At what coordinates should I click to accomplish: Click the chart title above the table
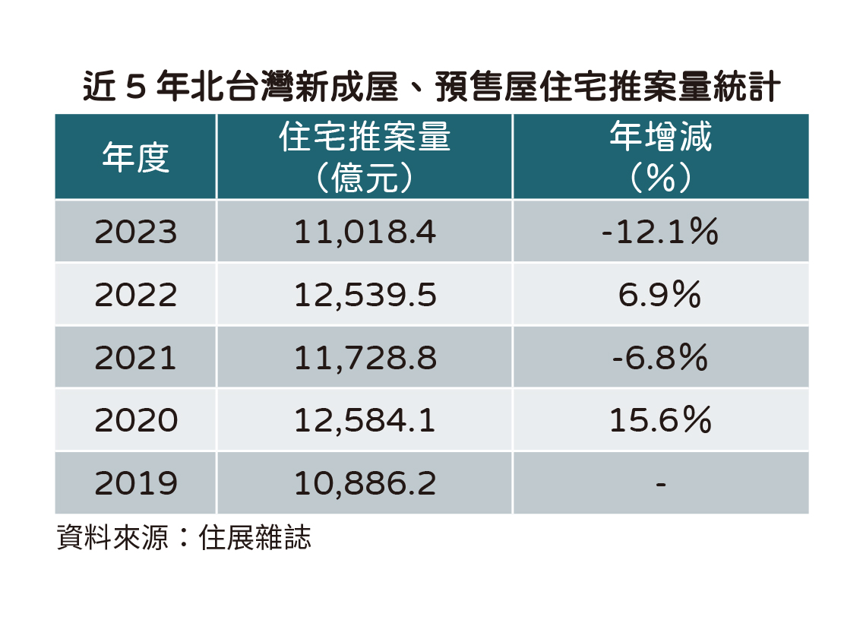(431, 88)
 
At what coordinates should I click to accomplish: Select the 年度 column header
(135, 158)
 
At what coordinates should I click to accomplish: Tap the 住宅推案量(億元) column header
(365, 158)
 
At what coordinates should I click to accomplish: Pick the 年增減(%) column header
(660, 158)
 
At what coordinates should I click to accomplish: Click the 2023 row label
(135, 232)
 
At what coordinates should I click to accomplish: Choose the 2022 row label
(135, 296)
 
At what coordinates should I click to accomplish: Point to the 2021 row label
(135, 358)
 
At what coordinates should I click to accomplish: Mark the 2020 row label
(135, 421)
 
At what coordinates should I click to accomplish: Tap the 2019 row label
(135, 483)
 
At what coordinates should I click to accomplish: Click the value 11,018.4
(365, 232)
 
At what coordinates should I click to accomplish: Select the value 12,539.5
(365, 296)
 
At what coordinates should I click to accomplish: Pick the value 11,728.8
(365, 358)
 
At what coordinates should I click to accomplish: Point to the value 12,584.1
(365, 421)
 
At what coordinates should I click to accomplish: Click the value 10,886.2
(365, 483)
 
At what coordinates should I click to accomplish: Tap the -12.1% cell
(660, 232)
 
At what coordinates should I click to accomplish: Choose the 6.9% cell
(660, 296)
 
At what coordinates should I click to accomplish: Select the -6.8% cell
(660, 358)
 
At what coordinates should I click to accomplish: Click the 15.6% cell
(660, 421)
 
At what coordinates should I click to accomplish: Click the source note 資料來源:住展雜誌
(184, 539)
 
